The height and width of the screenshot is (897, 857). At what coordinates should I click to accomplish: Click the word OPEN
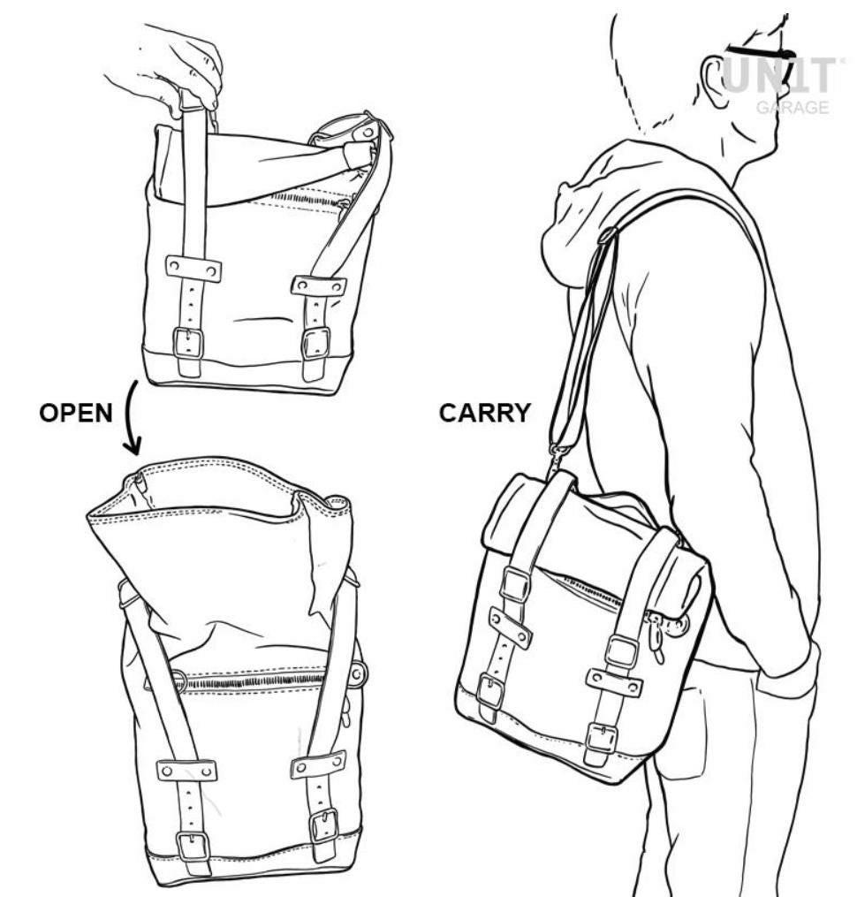point(75,413)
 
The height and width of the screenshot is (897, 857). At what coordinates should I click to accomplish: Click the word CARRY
point(484,413)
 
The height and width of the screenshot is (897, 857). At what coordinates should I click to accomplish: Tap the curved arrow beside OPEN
point(132,418)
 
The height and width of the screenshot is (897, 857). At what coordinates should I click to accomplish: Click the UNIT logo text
point(782,75)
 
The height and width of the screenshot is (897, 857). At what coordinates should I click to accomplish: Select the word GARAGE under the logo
point(793,108)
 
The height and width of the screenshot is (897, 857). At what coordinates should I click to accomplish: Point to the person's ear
point(716,80)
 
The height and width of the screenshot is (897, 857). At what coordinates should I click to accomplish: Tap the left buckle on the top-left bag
point(188,343)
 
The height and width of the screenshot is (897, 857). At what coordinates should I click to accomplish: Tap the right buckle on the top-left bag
point(316,343)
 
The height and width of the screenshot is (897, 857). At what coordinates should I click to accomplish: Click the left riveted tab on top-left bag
point(193,269)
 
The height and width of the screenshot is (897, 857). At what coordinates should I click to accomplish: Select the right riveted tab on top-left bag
point(319,285)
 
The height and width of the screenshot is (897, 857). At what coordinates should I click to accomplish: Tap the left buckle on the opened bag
point(193,847)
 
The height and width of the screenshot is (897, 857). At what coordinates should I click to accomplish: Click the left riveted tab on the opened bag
point(187,770)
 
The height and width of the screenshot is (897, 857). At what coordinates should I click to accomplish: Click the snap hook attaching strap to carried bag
point(557,457)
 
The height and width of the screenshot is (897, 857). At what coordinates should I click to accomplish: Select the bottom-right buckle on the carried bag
point(602,739)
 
